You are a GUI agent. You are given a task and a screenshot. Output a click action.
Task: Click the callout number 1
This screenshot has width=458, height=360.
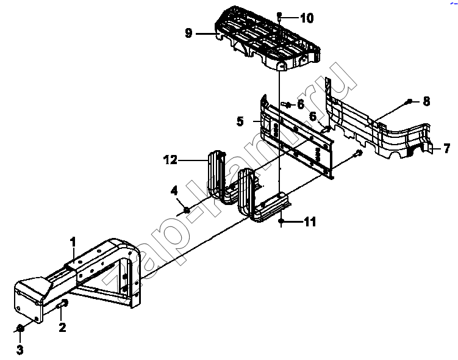73,242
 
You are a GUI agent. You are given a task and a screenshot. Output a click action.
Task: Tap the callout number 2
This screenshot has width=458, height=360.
62,327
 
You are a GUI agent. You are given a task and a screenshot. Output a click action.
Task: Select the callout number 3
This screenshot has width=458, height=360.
20,349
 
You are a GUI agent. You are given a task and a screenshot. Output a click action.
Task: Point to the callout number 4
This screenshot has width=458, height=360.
174,191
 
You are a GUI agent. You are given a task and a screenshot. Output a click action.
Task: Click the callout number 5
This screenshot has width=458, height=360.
240,121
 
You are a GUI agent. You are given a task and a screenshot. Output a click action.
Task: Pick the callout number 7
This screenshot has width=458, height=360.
446,148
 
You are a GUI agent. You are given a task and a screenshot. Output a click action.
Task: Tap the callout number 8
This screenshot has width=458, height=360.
426,101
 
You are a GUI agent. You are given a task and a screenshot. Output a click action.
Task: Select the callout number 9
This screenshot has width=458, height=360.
188,33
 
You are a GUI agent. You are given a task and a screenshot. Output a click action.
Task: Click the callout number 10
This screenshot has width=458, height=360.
307,18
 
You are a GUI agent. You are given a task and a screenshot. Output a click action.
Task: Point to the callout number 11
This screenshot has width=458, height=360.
310,221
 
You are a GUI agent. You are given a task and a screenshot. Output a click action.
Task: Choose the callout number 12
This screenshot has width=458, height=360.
171,160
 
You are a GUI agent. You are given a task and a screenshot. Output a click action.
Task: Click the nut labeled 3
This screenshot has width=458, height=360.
20,328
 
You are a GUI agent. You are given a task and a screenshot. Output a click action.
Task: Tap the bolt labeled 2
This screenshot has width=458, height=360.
63,304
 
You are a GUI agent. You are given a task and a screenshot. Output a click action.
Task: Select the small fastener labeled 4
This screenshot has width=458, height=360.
187,210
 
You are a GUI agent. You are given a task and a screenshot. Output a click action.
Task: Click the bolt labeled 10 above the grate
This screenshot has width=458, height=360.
279,16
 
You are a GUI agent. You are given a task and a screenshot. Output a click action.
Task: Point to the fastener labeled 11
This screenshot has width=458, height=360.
281,221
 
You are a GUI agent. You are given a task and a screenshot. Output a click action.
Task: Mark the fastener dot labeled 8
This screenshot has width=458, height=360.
409,101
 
